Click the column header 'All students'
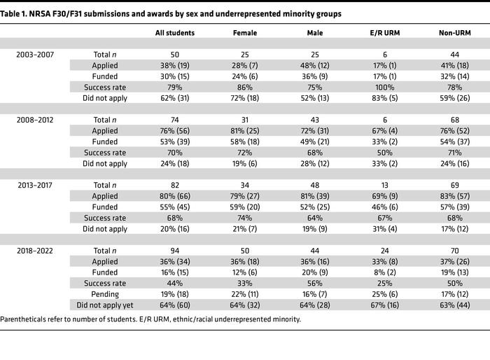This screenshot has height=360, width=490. (x=174, y=32)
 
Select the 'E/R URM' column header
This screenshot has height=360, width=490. (x=378, y=32)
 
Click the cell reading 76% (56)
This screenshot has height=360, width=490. (x=174, y=131)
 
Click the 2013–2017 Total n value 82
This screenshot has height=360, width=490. (x=174, y=186)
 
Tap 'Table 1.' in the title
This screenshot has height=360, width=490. (x=17, y=13)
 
